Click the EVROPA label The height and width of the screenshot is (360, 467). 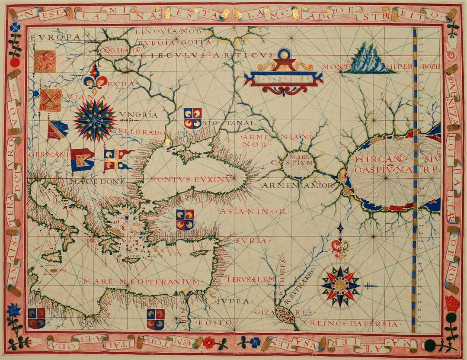[55, 37]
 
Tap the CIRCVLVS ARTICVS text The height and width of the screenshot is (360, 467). [207, 55]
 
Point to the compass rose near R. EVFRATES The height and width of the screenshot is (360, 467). [341, 285]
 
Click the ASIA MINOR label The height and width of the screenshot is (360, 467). [253, 212]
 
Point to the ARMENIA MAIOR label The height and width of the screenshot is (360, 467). [297, 185]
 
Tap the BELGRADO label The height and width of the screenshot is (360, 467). [141, 132]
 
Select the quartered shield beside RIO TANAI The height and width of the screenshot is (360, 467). [192, 118]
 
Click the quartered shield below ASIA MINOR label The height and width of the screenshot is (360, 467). [185, 220]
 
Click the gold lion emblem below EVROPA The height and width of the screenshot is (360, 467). [45, 61]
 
